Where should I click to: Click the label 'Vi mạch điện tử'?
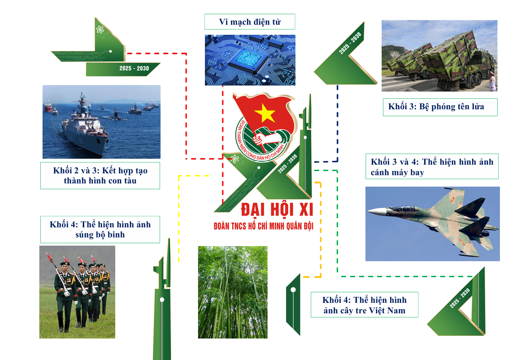tap(250, 22)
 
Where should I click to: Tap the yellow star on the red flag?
tap(265, 113)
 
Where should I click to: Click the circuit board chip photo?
tap(250, 60)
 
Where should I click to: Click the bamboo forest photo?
tap(233, 292)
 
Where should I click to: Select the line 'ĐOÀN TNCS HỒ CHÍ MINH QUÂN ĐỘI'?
tap(263, 226)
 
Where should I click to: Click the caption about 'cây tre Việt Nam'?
tap(364, 305)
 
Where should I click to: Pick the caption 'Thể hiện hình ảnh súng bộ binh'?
tap(100, 230)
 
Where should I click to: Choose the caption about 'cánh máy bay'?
tap(432, 167)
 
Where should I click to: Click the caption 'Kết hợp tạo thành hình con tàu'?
tap(100, 176)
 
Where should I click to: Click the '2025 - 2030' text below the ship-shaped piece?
tap(134, 69)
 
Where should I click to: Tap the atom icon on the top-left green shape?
tap(100, 30)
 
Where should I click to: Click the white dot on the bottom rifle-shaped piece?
tap(162, 300)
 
